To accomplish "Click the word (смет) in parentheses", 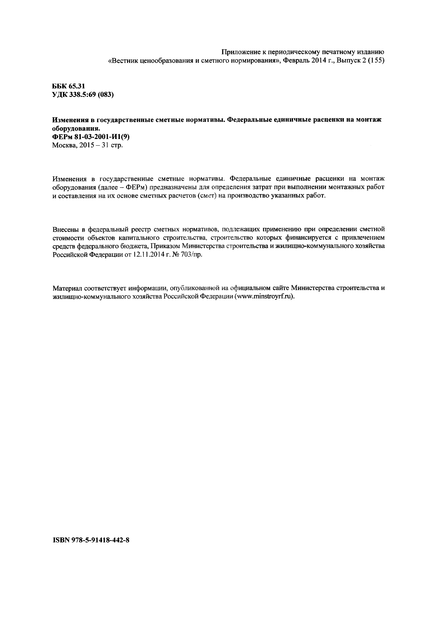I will [x=207, y=196].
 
